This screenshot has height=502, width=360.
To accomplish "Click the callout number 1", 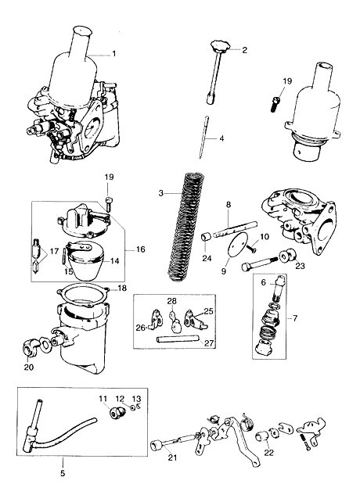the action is [114, 54].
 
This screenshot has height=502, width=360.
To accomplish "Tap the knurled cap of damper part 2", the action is [219, 46].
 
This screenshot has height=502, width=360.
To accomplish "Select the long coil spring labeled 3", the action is [186, 228].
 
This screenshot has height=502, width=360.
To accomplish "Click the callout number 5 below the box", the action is [63, 472].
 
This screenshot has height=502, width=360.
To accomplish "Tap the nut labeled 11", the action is [116, 413].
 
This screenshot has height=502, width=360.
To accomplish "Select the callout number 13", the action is [136, 399].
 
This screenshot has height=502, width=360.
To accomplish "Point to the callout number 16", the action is [141, 249].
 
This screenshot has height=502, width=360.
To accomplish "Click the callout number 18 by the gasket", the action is [122, 288].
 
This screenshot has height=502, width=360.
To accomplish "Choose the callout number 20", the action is [29, 367].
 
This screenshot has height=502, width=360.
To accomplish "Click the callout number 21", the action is [172, 458].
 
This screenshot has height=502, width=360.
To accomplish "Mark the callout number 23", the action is [300, 265].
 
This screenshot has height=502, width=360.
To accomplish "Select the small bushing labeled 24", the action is [207, 238].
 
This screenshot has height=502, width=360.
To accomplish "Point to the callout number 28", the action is [171, 300].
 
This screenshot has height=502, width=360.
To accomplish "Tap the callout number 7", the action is [295, 318].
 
